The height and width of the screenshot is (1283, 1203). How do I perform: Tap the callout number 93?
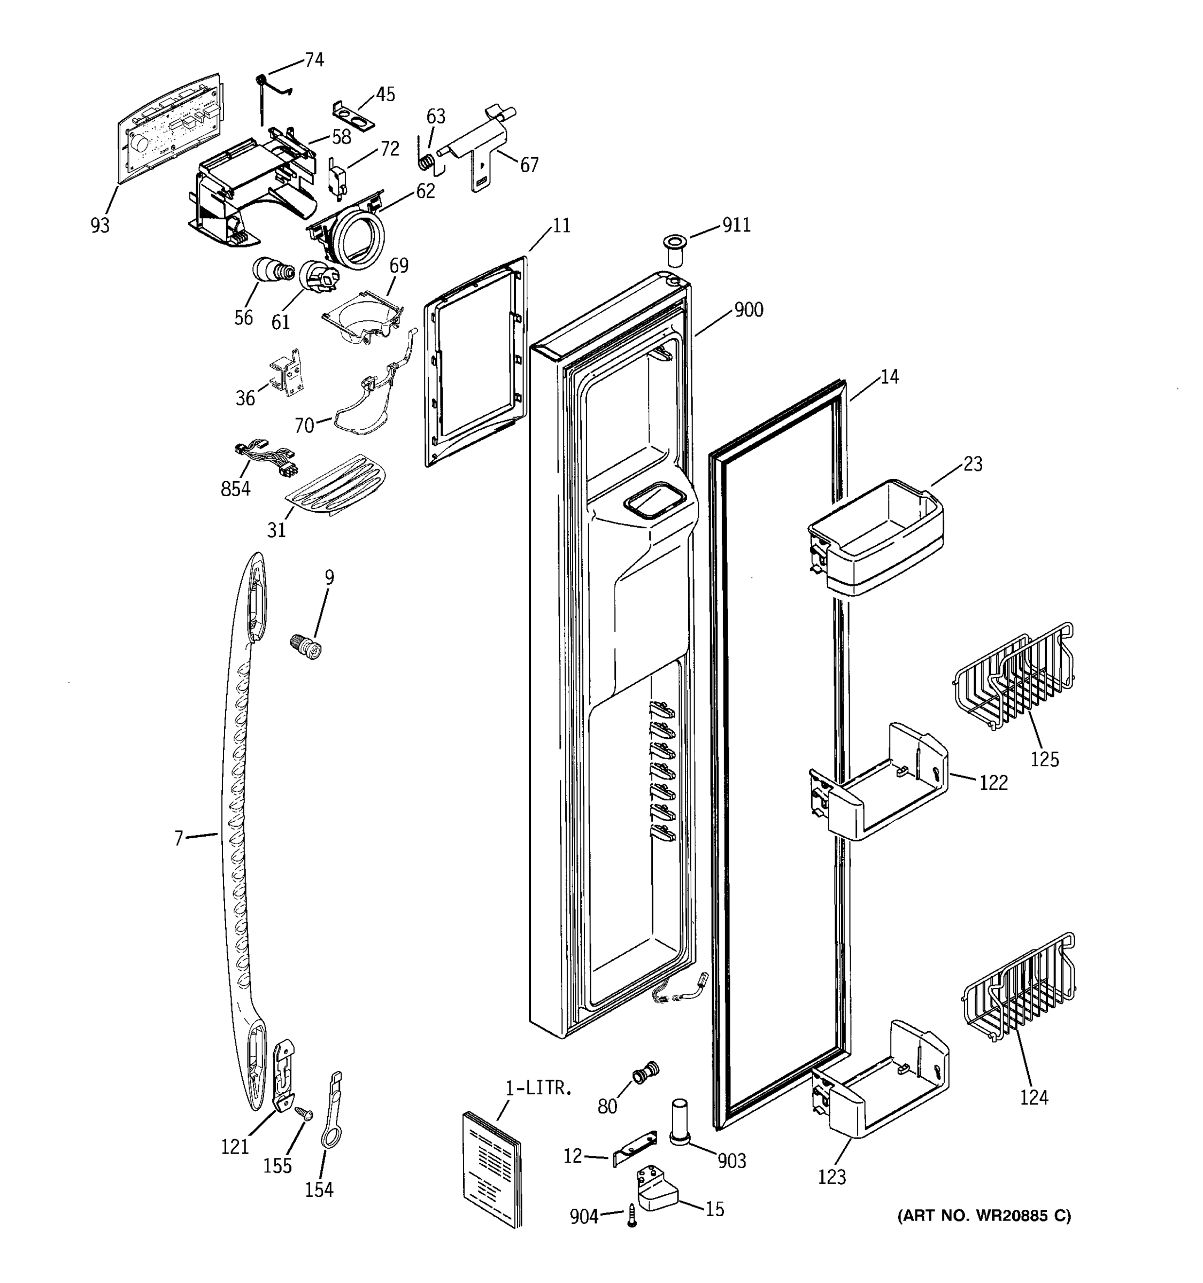pos(100,225)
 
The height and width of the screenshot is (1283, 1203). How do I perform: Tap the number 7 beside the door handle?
pos(179,838)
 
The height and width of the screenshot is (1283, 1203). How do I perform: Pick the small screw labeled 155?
pos(302,1112)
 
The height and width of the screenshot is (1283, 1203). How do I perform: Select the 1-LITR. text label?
pos(538,1088)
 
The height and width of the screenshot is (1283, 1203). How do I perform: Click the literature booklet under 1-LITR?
pos(492,1167)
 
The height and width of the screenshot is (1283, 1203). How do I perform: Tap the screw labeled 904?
pos(632,1216)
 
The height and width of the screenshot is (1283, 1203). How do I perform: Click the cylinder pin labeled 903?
pos(679,1122)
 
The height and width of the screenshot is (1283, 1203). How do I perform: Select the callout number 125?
pos(1044,759)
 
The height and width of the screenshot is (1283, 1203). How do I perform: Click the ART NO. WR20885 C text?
pos(984,1216)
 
